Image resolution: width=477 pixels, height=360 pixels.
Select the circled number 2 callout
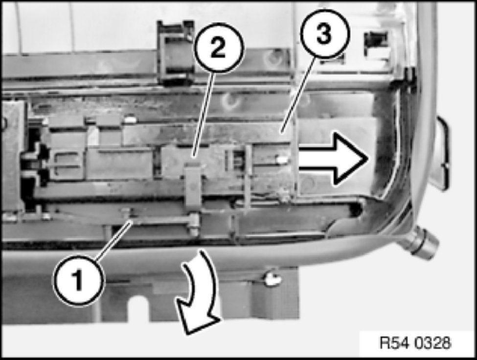pos(219,48)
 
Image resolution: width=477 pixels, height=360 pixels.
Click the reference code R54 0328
pos(415,343)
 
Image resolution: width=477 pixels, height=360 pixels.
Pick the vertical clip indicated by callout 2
pos(193,185)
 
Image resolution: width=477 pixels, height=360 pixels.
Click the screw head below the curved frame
pos(272,279)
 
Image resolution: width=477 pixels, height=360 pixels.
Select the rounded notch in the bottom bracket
pos(139,308)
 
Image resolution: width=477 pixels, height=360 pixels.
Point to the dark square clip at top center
pos(176,52)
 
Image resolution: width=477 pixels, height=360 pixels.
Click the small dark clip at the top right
pos(376,40)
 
